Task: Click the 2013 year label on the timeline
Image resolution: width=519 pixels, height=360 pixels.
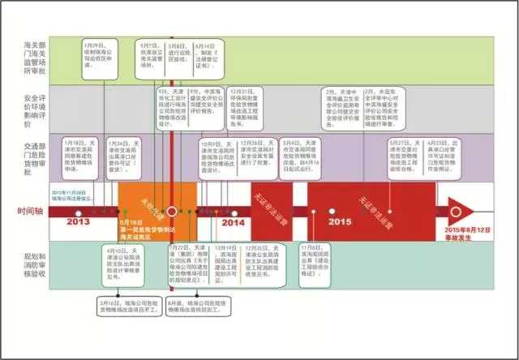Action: click(x=78, y=221)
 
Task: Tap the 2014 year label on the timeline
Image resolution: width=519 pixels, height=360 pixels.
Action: click(x=234, y=221)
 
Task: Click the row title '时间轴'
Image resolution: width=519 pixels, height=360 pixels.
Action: click(x=31, y=212)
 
